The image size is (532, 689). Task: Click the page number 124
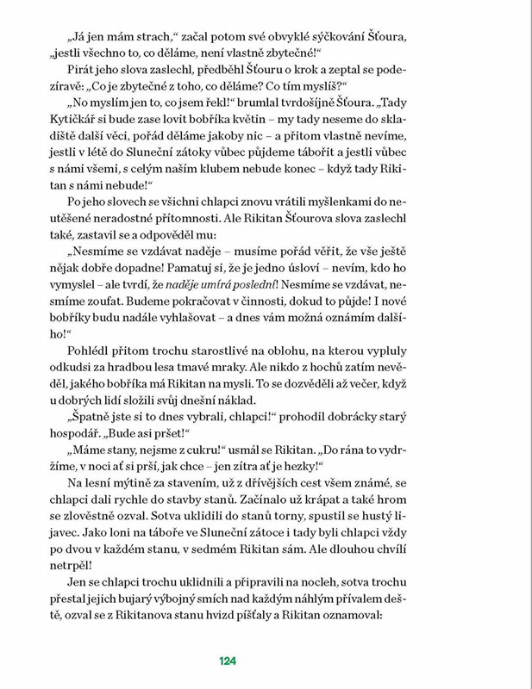(x=228, y=661)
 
